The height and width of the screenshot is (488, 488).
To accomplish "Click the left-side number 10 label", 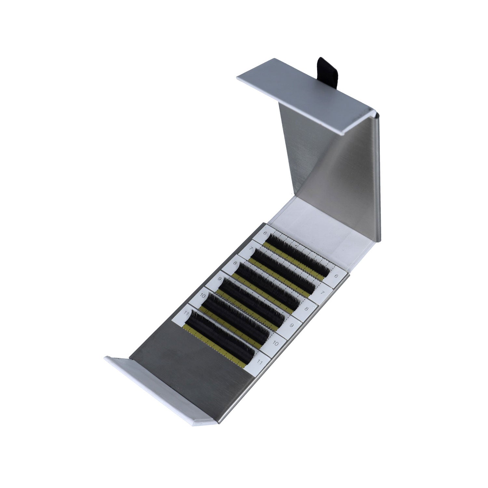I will (x=203, y=296).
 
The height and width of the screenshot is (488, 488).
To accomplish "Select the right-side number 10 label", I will (x=275, y=343).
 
